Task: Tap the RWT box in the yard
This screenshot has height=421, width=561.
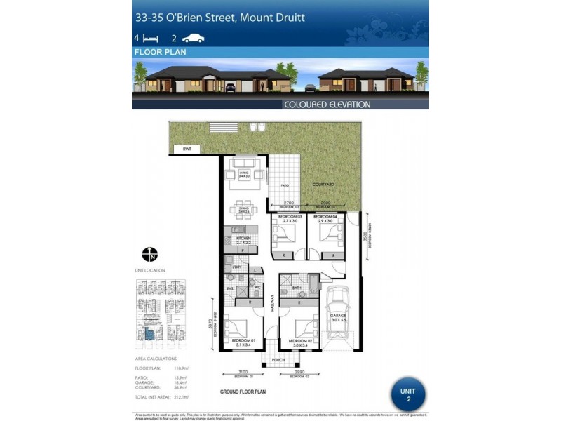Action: click(x=187, y=149)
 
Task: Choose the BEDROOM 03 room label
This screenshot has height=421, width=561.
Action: click(x=288, y=218)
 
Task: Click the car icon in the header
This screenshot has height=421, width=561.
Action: click(x=193, y=39)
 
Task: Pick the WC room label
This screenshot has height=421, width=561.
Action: click(x=257, y=288)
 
